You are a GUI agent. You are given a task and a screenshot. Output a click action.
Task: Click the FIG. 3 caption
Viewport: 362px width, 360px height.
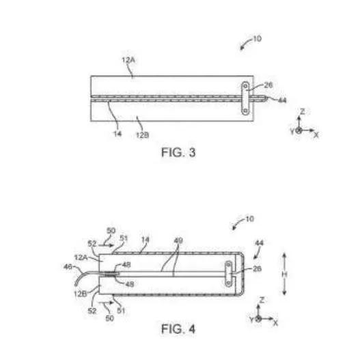(x=178, y=152)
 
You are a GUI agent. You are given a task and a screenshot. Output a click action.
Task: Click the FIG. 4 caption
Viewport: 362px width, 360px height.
(x=178, y=329)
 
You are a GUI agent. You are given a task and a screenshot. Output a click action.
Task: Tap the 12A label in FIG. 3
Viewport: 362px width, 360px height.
(x=128, y=60)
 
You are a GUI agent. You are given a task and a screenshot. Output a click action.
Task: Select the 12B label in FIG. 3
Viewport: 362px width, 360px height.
(x=142, y=135)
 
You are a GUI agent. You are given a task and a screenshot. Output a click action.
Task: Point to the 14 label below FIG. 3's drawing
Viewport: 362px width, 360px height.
(x=117, y=133)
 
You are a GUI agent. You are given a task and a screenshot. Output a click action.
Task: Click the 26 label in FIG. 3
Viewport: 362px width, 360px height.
(x=268, y=85)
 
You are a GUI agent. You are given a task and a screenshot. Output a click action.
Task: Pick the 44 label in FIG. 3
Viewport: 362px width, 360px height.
(x=282, y=100)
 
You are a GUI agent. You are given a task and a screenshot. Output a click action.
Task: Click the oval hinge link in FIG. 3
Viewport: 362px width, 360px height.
(x=245, y=98)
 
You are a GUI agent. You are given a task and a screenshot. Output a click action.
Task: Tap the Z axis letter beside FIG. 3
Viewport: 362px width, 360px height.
(x=302, y=111)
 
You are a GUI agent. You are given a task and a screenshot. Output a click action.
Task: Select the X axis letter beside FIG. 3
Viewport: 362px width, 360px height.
(x=316, y=135)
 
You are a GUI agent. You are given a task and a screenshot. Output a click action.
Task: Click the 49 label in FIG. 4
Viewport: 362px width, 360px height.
(x=178, y=241)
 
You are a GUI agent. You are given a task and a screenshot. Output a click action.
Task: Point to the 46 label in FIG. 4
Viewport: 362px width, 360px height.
(x=68, y=267)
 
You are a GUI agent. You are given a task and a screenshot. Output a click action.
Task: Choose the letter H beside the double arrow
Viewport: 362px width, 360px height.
(x=284, y=275)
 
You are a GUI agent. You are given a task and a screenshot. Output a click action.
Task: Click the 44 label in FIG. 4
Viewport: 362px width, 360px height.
(x=259, y=243)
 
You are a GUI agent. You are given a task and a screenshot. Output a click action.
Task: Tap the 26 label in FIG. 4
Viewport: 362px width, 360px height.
(x=257, y=268)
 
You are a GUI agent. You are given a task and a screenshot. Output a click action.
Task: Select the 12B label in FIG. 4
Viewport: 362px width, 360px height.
(x=81, y=294)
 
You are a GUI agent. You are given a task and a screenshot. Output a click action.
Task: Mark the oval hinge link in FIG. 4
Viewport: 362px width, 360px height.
(x=229, y=274)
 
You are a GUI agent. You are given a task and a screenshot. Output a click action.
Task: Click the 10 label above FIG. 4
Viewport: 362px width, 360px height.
(x=249, y=219)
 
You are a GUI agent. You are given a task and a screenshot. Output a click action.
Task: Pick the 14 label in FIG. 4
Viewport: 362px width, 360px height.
(x=145, y=240)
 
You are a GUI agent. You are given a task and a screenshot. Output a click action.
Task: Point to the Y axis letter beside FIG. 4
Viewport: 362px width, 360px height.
(x=251, y=320)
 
